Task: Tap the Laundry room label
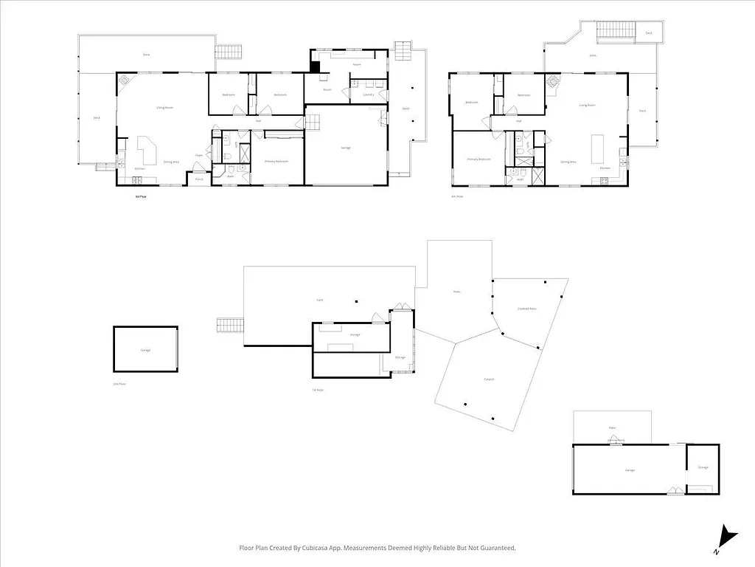click(x=367, y=94)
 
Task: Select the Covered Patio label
click(x=526, y=309)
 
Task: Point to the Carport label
click(x=488, y=379)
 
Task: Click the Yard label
click(x=320, y=299)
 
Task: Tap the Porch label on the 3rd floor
click(x=198, y=179)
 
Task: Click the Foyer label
click(x=198, y=155)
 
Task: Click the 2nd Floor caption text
click(x=119, y=384)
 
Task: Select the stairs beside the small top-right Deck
click(x=610, y=30)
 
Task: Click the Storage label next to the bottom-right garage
click(x=703, y=467)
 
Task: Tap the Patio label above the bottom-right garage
click(x=612, y=427)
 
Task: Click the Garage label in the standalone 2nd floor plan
click(x=145, y=350)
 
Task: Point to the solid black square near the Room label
click(x=315, y=66)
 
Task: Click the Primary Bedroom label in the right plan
click(x=479, y=159)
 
